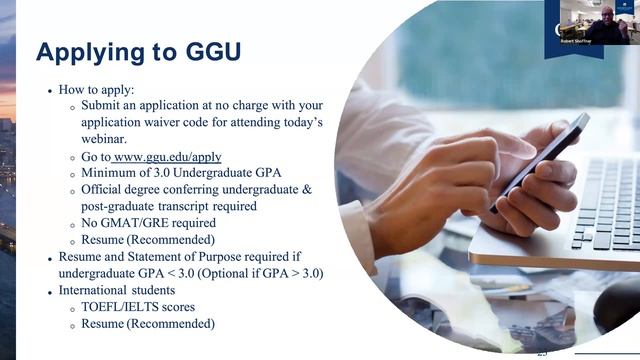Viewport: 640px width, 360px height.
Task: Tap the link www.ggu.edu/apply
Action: [x=167, y=157]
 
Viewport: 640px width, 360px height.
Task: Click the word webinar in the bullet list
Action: [x=108, y=137]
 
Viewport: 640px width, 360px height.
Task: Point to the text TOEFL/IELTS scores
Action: [x=138, y=307]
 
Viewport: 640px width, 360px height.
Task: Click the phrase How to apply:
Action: [x=99, y=88]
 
